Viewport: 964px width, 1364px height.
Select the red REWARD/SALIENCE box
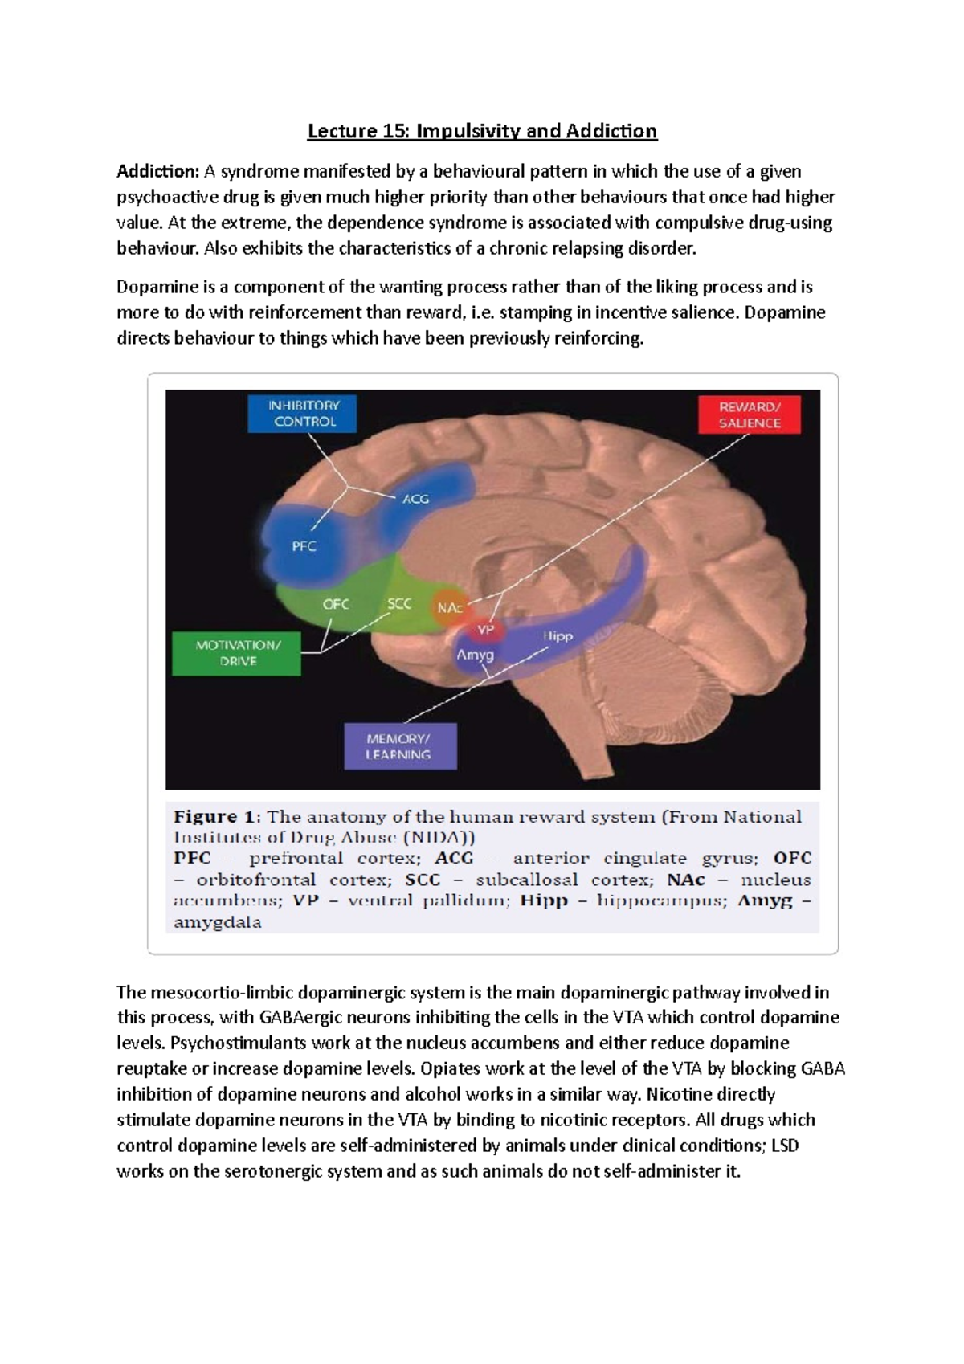(x=750, y=415)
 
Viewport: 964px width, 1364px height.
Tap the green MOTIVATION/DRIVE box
(x=238, y=653)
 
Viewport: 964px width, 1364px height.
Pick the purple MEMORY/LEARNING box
(x=398, y=746)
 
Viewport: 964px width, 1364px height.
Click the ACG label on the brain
(x=415, y=499)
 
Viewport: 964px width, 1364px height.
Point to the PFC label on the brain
(x=304, y=546)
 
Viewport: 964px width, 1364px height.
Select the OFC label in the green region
(x=336, y=604)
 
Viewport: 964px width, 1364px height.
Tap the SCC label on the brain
(x=399, y=604)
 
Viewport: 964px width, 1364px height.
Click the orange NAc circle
(x=449, y=608)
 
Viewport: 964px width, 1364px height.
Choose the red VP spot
(x=486, y=631)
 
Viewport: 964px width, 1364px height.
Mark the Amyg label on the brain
(x=475, y=655)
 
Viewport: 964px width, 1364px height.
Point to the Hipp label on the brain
(x=558, y=636)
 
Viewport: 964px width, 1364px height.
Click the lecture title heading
(x=482, y=131)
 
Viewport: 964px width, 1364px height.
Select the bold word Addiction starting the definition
(x=157, y=171)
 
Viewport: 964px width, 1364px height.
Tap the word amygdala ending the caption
(x=218, y=922)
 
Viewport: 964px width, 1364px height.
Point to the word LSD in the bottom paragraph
(x=784, y=1146)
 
